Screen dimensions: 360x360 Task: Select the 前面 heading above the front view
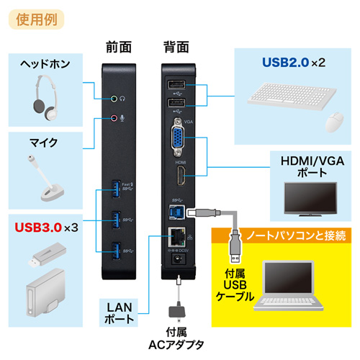(x=117, y=47)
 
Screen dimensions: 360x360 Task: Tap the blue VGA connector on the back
(x=176, y=140)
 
